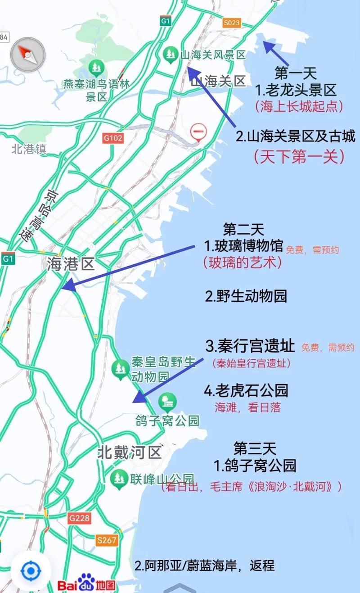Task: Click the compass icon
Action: pyautogui.click(x=28, y=54)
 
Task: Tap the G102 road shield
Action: pyautogui.click(x=112, y=139)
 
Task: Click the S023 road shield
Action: pyautogui.click(x=232, y=23)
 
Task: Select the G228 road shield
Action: pyautogui.click(x=79, y=518)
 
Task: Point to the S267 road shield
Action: pyautogui.click(x=107, y=540)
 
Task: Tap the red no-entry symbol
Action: pyautogui.click(x=198, y=132)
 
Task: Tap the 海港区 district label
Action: pyautogui.click(x=71, y=264)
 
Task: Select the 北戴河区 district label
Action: pyautogui.click(x=130, y=452)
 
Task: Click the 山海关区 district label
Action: pyautogui.click(x=218, y=81)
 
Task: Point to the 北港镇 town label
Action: pyautogui.click(x=29, y=149)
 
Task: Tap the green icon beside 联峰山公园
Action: pyautogui.click(x=119, y=478)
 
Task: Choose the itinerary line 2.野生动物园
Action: pyautogui.click(x=246, y=296)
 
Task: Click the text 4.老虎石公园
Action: pyautogui.click(x=246, y=390)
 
